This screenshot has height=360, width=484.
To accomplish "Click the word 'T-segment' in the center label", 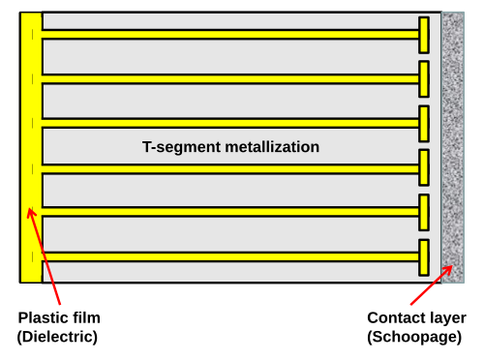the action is click(181, 147).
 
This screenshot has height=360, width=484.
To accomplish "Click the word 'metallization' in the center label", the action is click(272, 147).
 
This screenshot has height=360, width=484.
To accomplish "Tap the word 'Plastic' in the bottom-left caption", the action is click(42, 317).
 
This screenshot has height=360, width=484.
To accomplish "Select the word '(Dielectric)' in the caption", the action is click(57, 337).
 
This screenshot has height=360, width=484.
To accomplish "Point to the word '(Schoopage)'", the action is click(414, 338).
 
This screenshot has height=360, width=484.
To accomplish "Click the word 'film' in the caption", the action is click(85, 317).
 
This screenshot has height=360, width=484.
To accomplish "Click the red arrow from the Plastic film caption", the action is click(44, 256).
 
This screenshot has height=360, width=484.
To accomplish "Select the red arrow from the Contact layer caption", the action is click(432, 285).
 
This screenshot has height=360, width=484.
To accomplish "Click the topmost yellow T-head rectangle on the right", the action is click(424, 35).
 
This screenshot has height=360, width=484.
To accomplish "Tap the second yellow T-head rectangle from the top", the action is click(424, 79).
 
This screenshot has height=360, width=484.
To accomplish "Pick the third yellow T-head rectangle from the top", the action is click(424, 124).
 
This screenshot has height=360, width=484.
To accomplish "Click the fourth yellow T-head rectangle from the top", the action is click(424, 167).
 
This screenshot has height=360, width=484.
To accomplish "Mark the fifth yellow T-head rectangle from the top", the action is click(424, 212).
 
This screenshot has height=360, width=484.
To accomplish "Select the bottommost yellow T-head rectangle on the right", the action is click(424, 257).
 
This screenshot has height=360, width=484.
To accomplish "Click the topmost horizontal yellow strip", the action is click(230, 34).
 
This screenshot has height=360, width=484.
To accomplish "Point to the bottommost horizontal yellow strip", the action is click(230, 256).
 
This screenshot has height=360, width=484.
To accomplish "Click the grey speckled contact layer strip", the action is click(453, 148).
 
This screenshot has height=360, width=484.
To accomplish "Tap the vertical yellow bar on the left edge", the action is click(31, 148).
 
